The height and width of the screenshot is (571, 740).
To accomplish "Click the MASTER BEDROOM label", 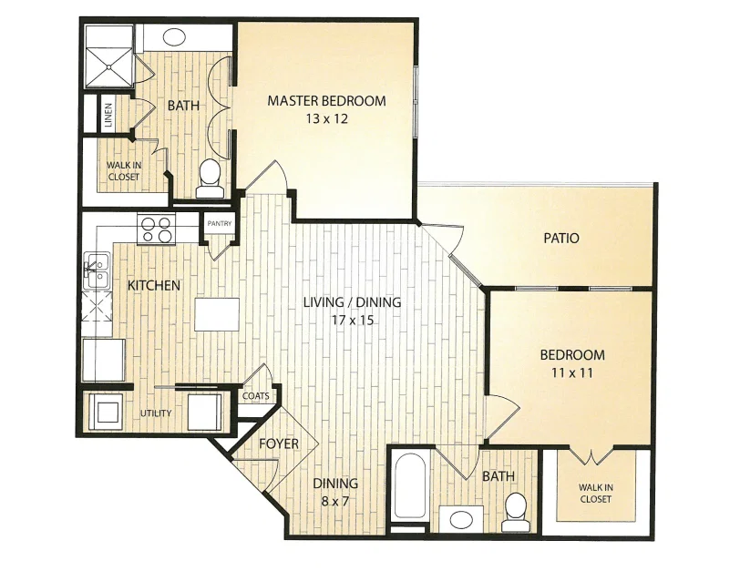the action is point(326,100).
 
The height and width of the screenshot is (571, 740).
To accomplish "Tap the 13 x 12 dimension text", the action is point(326,118).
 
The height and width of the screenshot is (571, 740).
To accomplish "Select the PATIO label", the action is point(561,238).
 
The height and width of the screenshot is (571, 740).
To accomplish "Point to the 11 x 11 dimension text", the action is point(572,373).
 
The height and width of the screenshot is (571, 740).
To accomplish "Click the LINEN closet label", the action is point(108,115).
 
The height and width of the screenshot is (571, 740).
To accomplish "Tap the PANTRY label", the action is point(220,223).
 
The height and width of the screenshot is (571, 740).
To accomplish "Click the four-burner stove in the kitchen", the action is point(156,229).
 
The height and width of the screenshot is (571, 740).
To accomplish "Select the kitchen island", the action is point(217,314).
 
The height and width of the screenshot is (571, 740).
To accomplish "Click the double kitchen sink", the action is point(97,271).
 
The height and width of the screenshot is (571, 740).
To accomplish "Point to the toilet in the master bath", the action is point(209,178).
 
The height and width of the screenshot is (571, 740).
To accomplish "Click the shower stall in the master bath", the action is point(109,56).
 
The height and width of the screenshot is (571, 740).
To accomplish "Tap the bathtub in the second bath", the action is point(410,485).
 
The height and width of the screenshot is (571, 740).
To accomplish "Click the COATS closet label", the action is point(256,396).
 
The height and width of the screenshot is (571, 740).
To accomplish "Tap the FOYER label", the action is point(279,444).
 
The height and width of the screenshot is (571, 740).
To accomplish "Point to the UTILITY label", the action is point(156,413).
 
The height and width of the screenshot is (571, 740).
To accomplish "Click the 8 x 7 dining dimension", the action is point(335,501).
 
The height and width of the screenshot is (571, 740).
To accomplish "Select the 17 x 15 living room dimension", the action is point(352,321).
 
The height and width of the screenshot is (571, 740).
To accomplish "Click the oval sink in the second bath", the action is point(461,520).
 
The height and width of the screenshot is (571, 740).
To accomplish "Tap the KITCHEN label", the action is point(154,285).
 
